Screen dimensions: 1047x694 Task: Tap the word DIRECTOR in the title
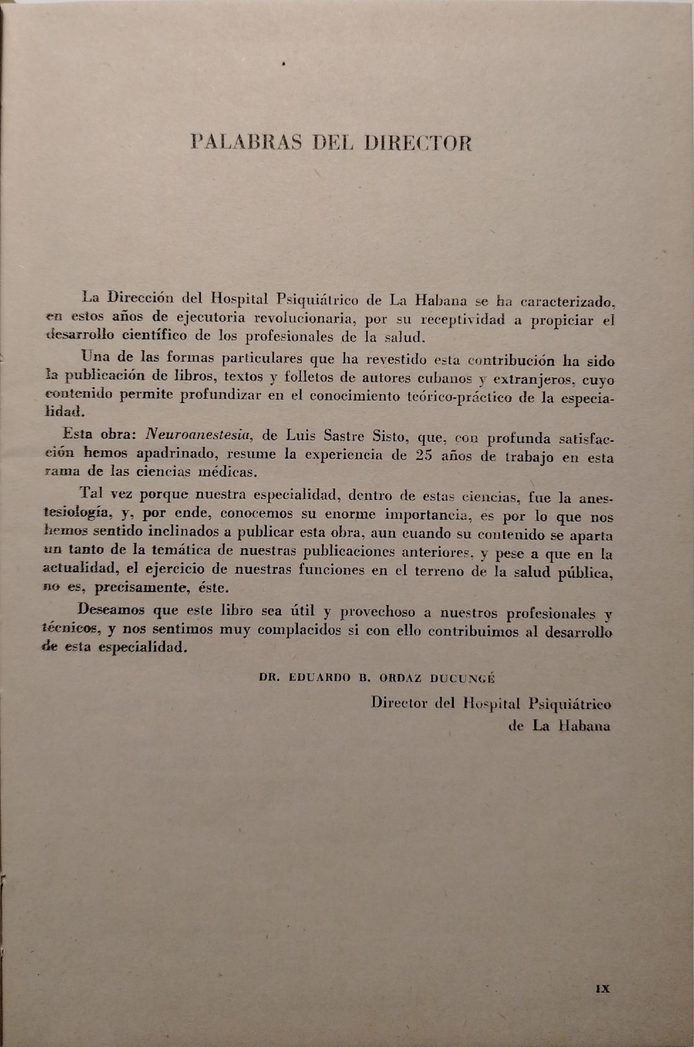point(417,143)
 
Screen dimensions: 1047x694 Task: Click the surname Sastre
point(333,435)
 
